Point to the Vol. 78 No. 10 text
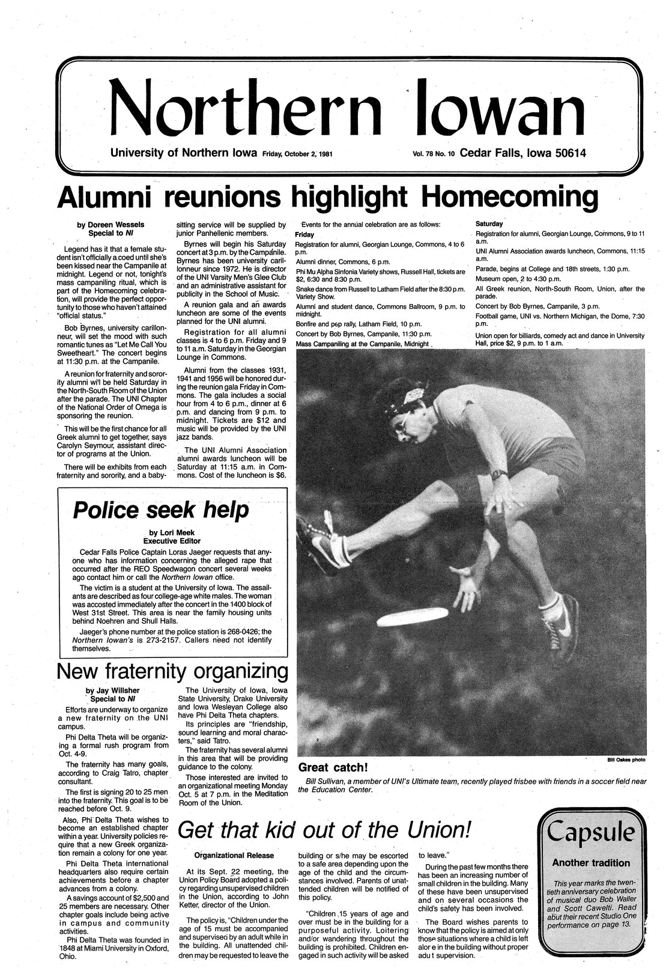(434, 154)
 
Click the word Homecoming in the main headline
(510, 197)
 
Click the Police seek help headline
(161, 510)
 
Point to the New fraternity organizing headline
(171, 671)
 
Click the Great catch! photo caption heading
(333, 768)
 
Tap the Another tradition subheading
(591, 863)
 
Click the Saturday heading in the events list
(489, 224)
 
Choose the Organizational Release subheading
(234, 855)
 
